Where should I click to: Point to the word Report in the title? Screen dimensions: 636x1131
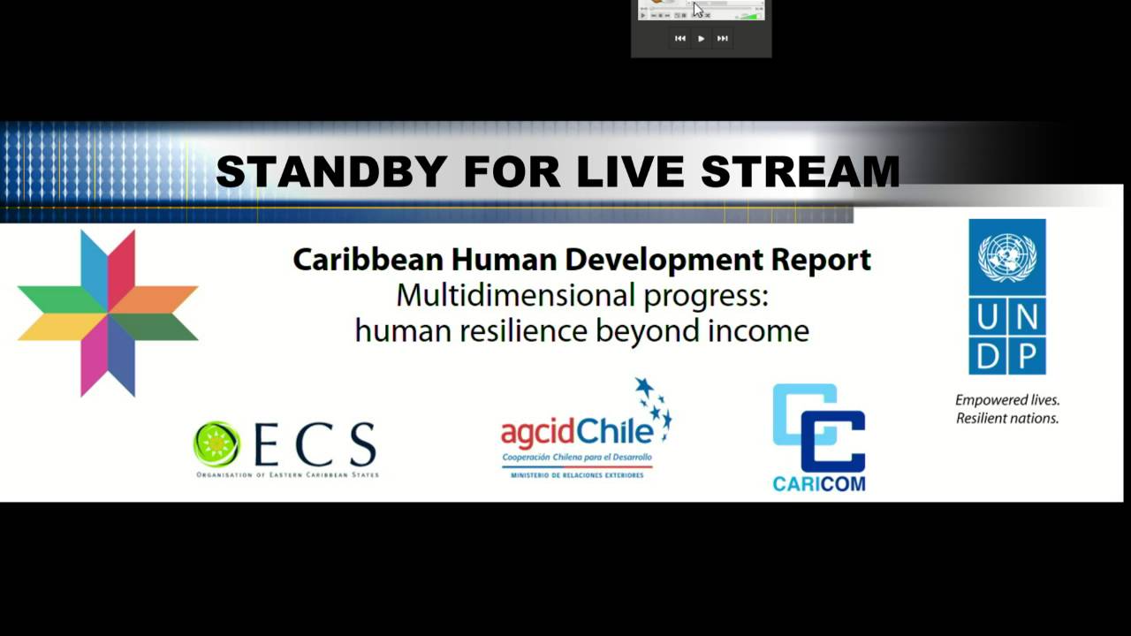[x=821, y=260]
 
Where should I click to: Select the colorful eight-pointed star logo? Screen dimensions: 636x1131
[x=108, y=313]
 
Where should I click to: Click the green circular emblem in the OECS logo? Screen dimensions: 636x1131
[x=216, y=443]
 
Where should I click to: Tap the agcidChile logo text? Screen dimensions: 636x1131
[x=576, y=433]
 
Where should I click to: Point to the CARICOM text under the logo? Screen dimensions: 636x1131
[x=818, y=484]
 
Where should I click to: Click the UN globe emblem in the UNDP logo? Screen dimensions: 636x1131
[x=1007, y=257]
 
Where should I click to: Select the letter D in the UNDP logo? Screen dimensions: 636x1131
[x=989, y=354]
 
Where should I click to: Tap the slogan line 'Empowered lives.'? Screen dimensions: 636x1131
[x=1007, y=400]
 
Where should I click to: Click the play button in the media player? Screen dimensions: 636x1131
[x=701, y=39]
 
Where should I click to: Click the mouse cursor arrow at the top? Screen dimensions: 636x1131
[x=697, y=9]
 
